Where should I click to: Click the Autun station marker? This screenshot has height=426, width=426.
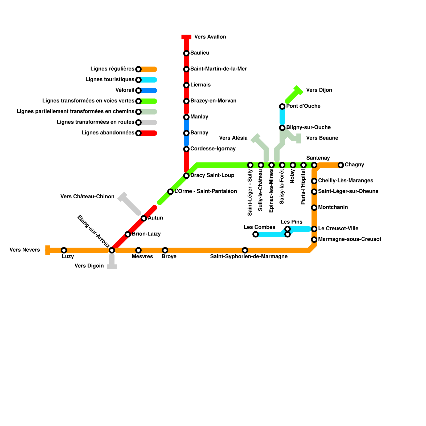coord(144,218)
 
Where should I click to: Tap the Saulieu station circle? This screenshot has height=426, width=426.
coord(186,53)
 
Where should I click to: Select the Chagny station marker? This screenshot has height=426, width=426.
coord(341,165)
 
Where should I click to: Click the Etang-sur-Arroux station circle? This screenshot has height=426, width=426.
coord(112,250)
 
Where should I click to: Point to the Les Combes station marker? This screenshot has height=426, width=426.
coord(256,234)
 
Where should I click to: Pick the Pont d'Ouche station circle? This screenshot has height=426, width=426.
coord(282,106)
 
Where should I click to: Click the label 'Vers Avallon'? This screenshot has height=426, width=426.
coord(210,37)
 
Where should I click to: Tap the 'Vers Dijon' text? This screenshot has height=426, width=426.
coord(319,90)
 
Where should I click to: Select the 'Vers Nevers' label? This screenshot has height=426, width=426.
coord(25,250)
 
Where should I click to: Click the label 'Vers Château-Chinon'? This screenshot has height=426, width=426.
coord(87,196)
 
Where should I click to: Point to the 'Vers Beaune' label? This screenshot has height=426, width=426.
coord(322,138)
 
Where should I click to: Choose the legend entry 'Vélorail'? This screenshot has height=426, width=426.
coord(125,90)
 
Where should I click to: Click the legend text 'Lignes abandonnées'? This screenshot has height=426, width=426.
coord(108,133)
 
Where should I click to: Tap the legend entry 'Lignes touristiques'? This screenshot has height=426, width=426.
coord(110,79)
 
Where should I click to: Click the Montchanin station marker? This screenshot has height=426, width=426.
coord(314,208)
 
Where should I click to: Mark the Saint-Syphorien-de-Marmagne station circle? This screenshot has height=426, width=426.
coord(245,250)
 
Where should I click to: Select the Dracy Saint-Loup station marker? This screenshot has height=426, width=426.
coord(186,176)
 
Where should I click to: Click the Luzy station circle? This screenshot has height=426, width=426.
coord(64,250)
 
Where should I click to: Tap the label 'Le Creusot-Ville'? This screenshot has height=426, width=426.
coord(338,228)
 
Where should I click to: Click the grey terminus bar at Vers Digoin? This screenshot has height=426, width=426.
coord(112,267)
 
